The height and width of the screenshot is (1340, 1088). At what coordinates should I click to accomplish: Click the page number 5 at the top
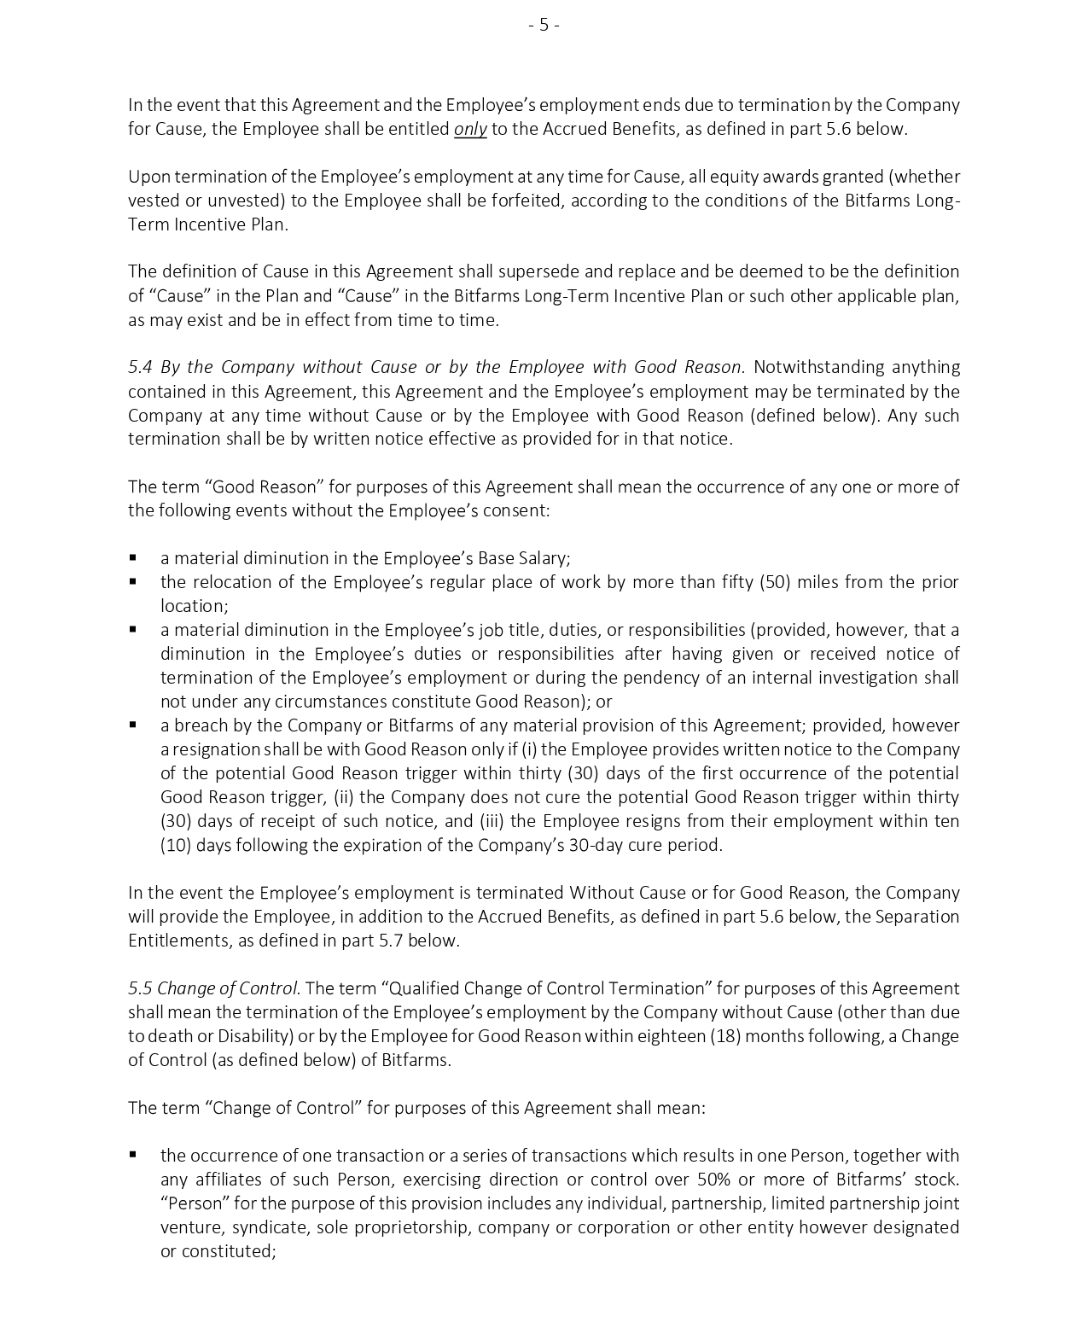[544, 26]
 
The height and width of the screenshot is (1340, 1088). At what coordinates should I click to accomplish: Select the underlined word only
[470, 129]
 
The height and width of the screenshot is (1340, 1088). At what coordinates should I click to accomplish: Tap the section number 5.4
[141, 367]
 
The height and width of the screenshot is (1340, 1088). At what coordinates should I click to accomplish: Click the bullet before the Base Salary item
[134, 558]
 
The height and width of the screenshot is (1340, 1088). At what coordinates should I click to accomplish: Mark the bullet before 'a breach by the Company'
[134, 725]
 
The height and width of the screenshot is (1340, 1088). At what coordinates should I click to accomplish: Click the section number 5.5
[140, 988]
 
